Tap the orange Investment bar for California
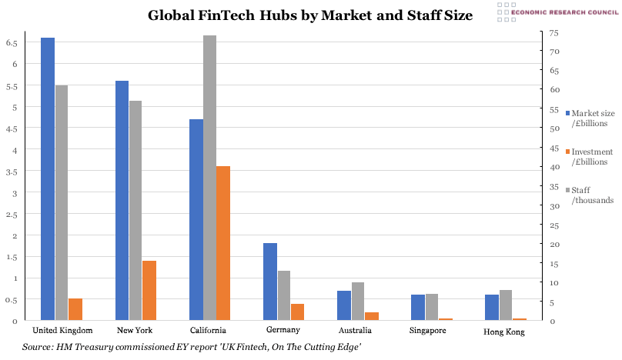click(x=223, y=242)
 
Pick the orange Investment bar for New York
click(x=149, y=290)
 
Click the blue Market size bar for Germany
click(x=270, y=281)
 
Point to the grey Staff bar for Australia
click(x=358, y=301)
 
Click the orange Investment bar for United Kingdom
click(x=75, y=308)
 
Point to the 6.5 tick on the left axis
click(x=12, y=43)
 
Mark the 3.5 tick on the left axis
click(x=12, y=172)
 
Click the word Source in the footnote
click(x=37, y=348)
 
